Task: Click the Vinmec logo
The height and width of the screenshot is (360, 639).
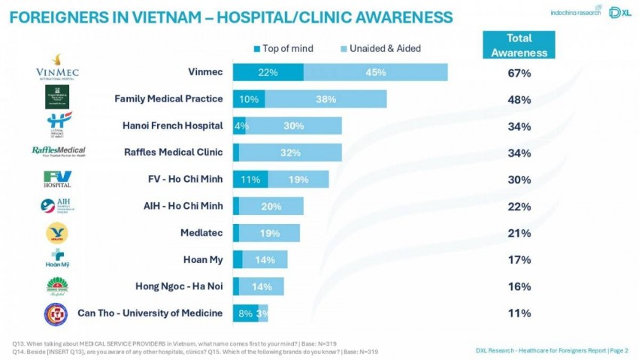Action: pyautogui.click(x=58, y=67)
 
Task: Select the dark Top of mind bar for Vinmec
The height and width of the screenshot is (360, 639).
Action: pyautogui.click(x=268, y=72)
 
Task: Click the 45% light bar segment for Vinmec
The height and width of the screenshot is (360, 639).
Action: pyautogui.click(x=375, y=72)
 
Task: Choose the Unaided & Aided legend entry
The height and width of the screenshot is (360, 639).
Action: pyautogui.click(x=379, y=49)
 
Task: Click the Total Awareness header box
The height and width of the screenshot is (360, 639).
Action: pyautogui.click(x=519, y=45)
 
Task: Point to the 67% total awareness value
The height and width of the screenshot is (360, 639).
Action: pyautogui.click(x=519, y=73)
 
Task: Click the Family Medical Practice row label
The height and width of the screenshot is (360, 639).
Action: pyautogui.click(x=168, y=98)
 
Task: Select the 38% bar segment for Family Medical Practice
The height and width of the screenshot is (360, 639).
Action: pyautogui.click(x=326, y=99)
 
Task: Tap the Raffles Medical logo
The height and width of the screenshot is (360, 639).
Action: pyautogui.click(x=58, y=152)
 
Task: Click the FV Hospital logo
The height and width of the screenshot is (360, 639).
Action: pyautogui.click(x=58, y=179)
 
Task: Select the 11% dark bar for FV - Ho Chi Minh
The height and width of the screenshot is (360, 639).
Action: pyautogui.click(x=250, y=180)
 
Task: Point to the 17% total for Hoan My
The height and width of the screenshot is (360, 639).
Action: pyautogui.click(x=519, y=260)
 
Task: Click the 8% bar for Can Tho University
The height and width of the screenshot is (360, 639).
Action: pyautogui.click(x=244, y=313)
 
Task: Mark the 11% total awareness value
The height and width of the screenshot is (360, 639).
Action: pyautogui.click(x=519, y=313)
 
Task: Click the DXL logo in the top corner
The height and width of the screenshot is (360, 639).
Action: pyautogui.click(x=613, y=13)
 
